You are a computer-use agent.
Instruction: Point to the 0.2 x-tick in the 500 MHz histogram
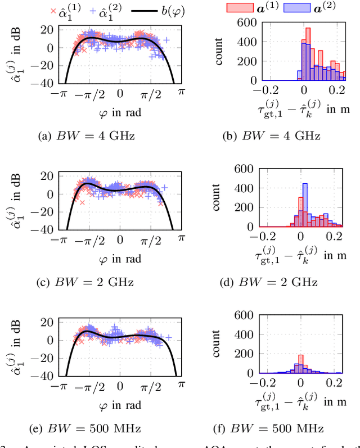click(x=336, y=383)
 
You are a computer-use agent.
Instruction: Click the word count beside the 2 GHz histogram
click(x=218, y=197)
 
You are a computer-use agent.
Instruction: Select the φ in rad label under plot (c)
click(x=119, y=259)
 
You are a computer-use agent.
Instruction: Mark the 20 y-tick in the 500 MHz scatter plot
click(x=50, y=322)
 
